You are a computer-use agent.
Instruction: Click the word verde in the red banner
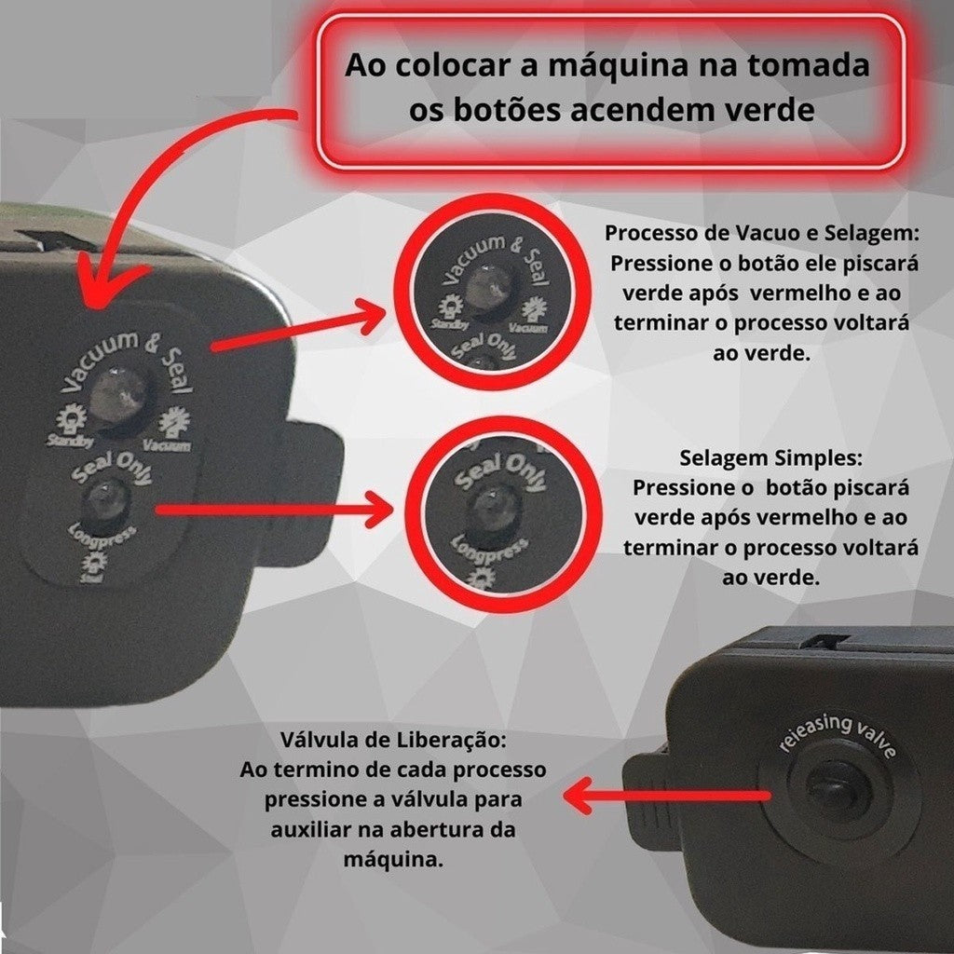(x=769, y=110)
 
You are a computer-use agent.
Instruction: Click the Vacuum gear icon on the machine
(x=172, y=425)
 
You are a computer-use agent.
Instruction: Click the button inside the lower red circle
(x=491, y=509)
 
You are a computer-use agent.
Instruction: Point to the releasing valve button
(x=836, y=792)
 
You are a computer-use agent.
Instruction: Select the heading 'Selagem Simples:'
(x=771, y=459)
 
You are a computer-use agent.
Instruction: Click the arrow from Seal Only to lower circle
(x=270, y=510)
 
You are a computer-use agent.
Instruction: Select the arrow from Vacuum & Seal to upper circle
(x=298, y=328)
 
